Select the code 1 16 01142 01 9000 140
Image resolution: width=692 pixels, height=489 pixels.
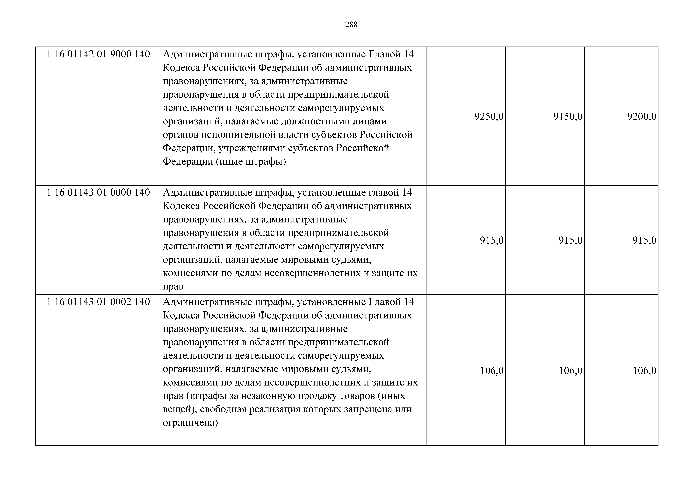pyautogui.click(x=98, y=54)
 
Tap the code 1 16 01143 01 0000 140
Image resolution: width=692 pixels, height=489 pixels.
pyautogui.click(x=98, y=193)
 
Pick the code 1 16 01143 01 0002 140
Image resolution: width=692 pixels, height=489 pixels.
pyautogui.click(x=98, y=302)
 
